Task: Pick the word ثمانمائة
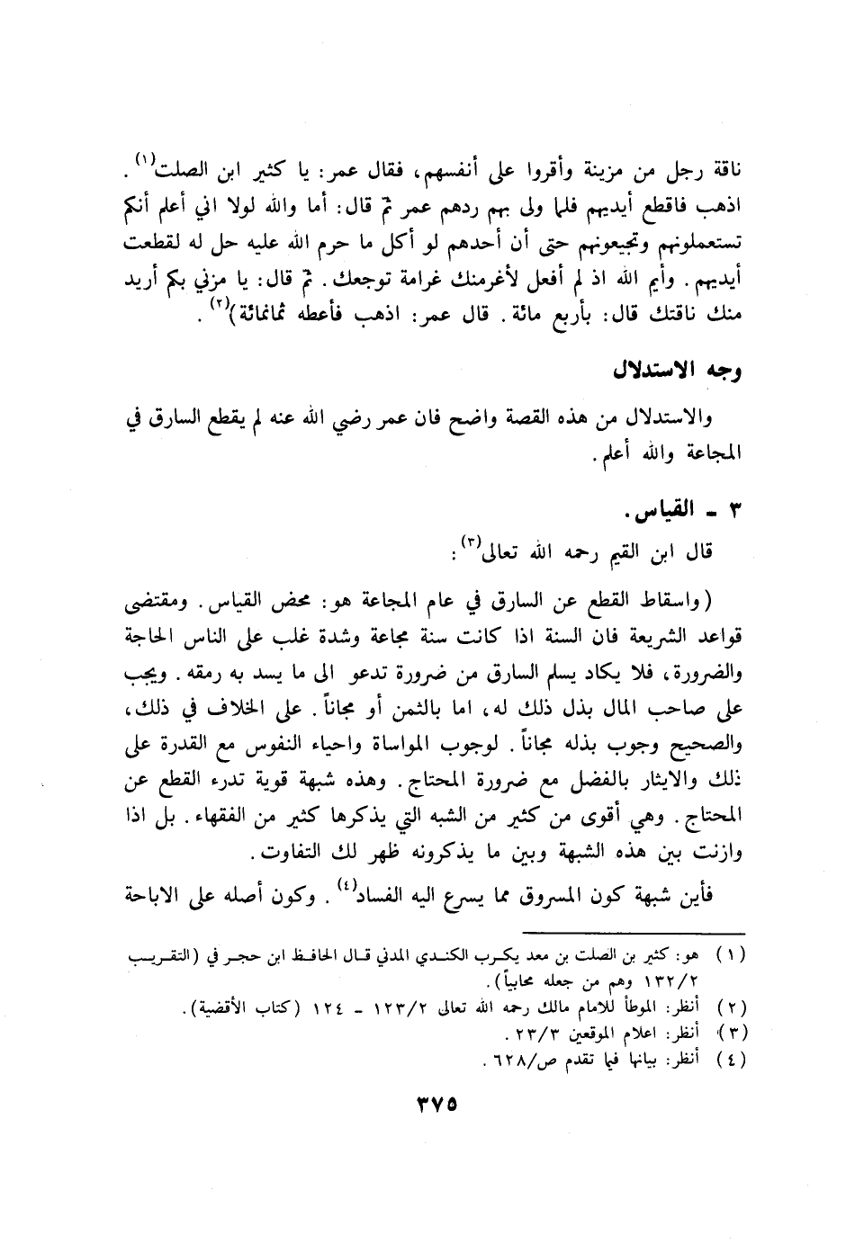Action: click(246, 317)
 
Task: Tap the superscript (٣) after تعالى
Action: click(472, 542)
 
